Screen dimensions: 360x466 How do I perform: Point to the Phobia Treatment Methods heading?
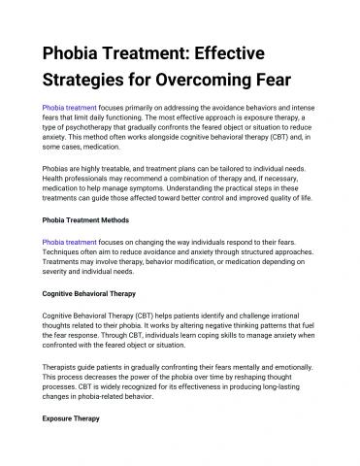click(x=93, y=219)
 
